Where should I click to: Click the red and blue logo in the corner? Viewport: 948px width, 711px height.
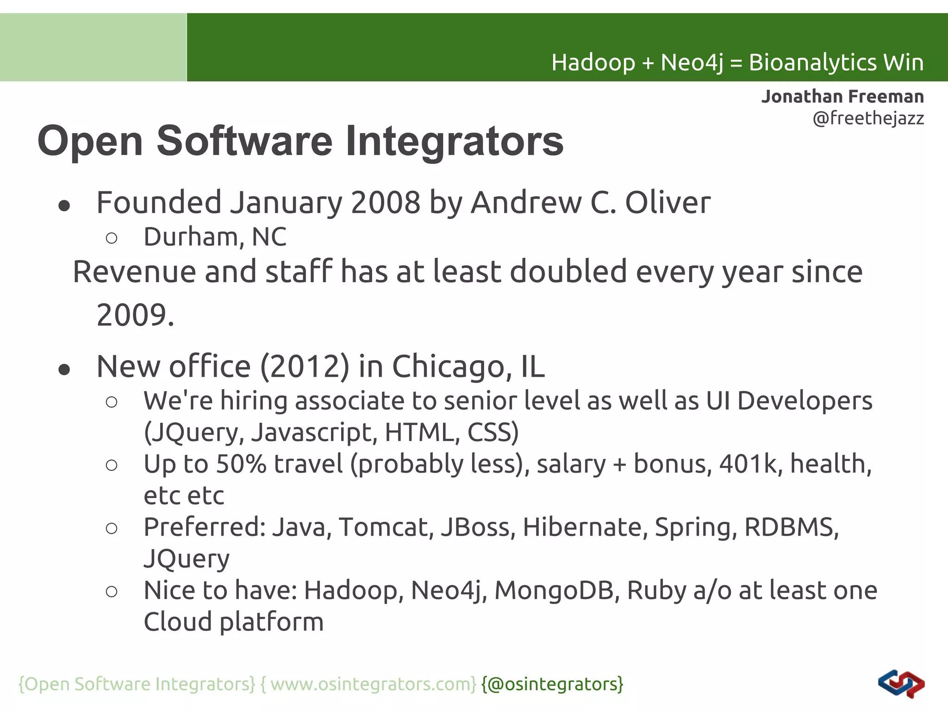(901, 683)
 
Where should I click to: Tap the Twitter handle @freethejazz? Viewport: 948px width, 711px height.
(868, 118)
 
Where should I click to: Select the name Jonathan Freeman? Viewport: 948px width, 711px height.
(842, 96)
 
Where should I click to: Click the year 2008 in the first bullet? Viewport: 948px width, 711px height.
(386, 202)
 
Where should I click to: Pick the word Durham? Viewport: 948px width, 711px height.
(194, 237)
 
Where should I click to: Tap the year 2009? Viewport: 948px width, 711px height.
(131, 315)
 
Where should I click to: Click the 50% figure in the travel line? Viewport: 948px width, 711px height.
(241, 464)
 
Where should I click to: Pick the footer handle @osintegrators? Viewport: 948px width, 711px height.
(552, 684)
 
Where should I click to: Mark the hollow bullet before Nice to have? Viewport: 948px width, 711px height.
(112, 592)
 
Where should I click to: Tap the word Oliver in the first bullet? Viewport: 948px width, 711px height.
(667, 202)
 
